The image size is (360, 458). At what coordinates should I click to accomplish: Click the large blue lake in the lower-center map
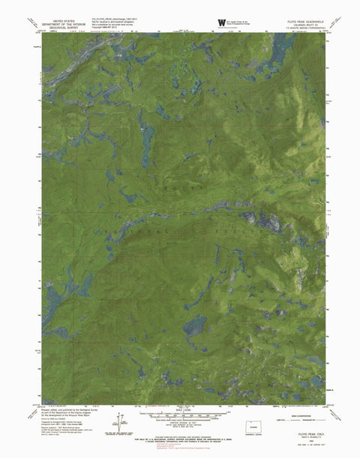coord(194,327)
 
